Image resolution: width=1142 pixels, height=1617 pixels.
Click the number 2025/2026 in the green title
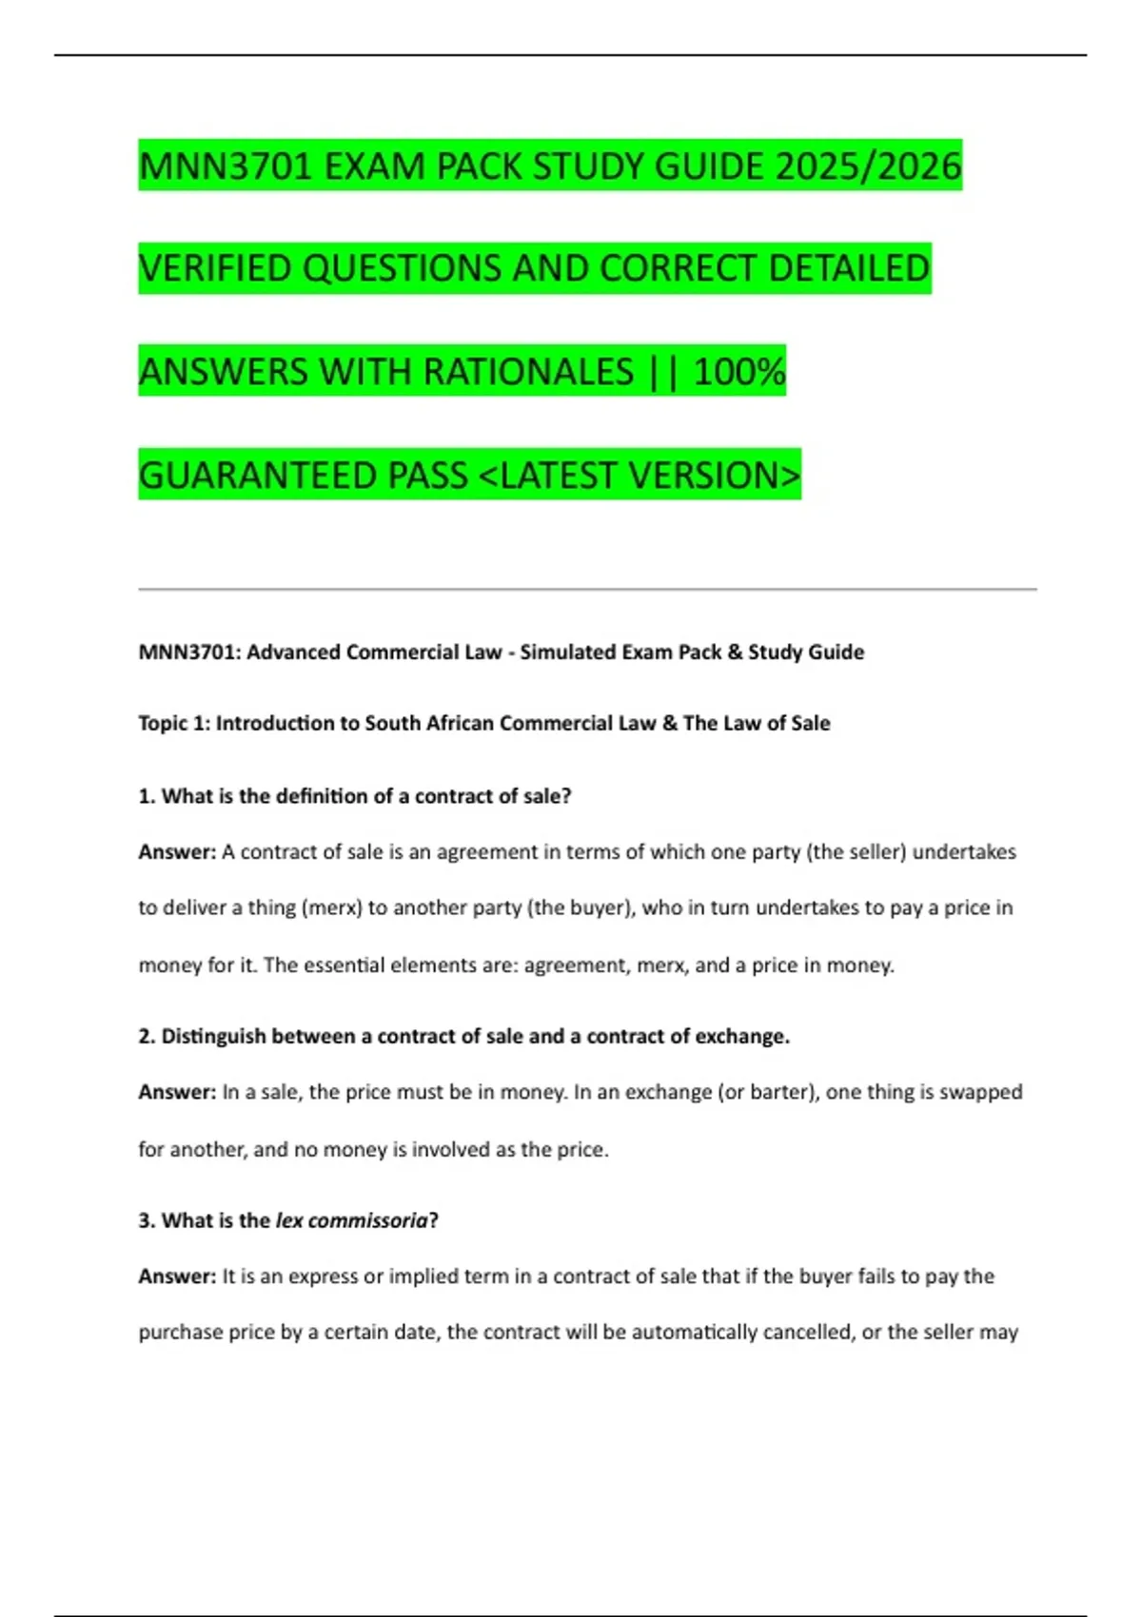[x=868, y=166]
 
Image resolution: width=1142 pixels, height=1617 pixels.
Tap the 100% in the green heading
[x=739, y=372]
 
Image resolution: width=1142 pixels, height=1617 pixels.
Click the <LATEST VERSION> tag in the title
[x=640, y=476]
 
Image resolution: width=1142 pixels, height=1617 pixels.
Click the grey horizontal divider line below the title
[x=587, y=590]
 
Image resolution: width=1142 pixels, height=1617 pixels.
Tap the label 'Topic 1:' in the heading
[x=174, y=724]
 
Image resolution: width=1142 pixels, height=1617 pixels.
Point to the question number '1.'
[x=147, y=796]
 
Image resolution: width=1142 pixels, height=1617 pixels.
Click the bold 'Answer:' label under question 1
[x=177, y=852]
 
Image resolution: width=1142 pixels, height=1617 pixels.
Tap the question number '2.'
[x=147, y=1037]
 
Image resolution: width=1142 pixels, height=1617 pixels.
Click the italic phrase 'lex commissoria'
[x=351, y=1221]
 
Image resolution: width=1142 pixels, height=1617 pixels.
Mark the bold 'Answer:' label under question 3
[x=177, y=1276]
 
